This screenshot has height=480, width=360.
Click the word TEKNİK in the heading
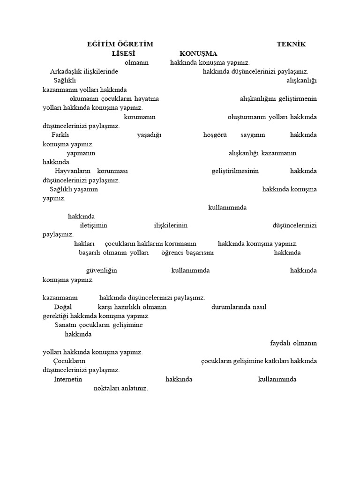pyautogui.click(x=291, y=44)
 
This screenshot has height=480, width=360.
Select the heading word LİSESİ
pyautogui.click(x=124, y=53)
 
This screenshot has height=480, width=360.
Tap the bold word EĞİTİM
pyautogui.click(x=101, y=44)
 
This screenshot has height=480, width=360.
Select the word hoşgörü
pyautogui.click(x=215, y=135)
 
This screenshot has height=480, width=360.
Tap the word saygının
pyautogui.click(x=253, y=135)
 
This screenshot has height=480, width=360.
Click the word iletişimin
pyautogui.click(x=94, y=225)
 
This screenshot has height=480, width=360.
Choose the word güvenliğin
pyautogui.click(x=102, y=270)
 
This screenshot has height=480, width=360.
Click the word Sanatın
pyautogui.click(x=65, y=325)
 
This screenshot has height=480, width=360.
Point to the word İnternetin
pyautogui.click(x=68, y=379)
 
